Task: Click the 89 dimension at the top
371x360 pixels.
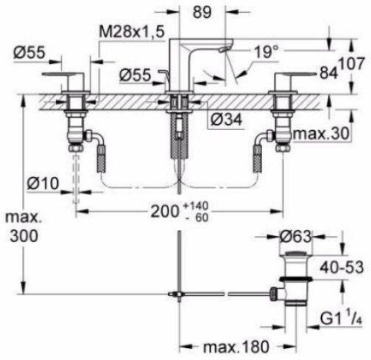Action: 202,12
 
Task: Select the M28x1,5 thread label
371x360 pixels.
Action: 131,32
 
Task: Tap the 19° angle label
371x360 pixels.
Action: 266,52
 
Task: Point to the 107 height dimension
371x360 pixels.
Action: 352,63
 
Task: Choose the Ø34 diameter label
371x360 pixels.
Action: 226,120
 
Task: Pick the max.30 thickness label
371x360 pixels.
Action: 321,134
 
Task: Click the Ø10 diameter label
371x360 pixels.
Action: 43,184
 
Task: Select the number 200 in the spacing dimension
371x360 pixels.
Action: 164,212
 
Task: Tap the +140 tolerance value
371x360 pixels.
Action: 196,206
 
